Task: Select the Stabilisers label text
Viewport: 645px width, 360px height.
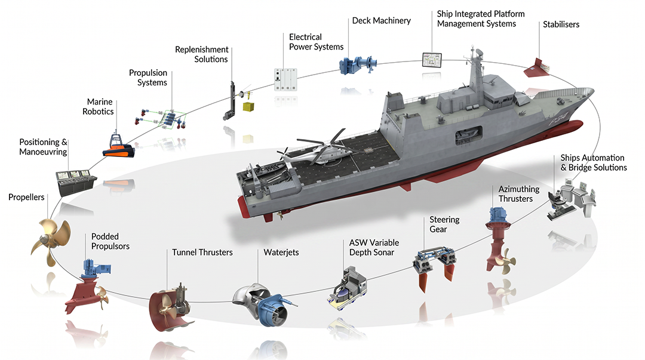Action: tap(561, 24)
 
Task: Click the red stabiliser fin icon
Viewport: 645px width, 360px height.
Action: tap(536, 68)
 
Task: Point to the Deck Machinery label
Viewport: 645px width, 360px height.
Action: tap(381, 20)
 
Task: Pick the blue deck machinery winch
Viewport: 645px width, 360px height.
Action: tap(358, 66)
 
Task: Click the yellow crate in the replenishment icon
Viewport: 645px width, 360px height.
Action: tap(248, 107)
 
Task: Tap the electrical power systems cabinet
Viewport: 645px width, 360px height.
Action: tap(285, 79)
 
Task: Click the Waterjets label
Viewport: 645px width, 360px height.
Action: tap(281, 252)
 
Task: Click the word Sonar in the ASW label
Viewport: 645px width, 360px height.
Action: tap(383, 252)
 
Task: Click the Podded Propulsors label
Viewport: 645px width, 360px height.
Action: tap(110, 242)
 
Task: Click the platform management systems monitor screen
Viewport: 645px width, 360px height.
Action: tap(432, 60)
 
